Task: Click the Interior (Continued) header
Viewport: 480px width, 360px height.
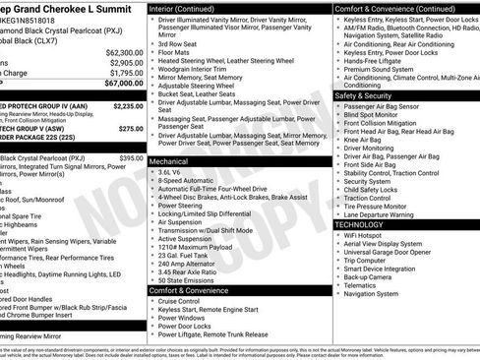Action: [190, 7]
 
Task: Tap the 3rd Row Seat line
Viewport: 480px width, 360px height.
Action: [181, 44]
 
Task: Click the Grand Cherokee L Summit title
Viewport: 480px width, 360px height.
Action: [69, 7]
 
